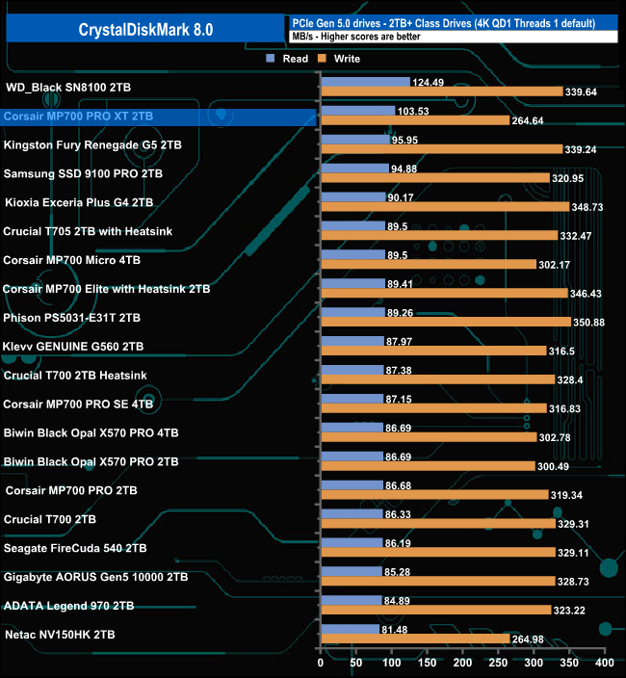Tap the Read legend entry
tap(288, 59)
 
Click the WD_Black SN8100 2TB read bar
tap(365, 82)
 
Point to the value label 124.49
tap(430, 82)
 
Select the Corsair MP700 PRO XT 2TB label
tap(78, 116)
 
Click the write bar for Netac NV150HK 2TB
tap(414, 639)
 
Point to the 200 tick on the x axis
tap(462, 663)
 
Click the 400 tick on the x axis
tap(604, 663)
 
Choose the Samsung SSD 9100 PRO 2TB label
tap(83, 173)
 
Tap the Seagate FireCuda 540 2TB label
tap(75, 548)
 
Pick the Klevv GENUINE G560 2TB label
tap(74, 346)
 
